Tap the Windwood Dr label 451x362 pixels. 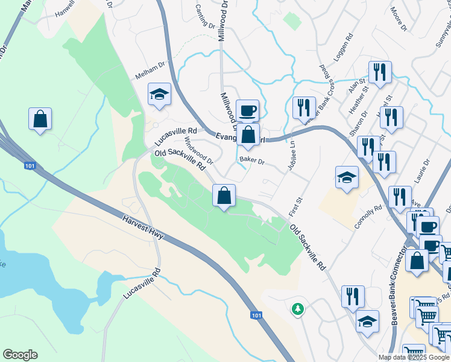[199, 151]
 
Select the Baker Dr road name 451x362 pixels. [252, 161]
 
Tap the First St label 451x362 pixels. [295, 206]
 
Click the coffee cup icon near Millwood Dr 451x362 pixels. [247, 110]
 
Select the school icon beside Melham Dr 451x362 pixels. [160, 94]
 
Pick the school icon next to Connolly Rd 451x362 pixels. [347, 177]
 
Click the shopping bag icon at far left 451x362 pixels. [40, 118]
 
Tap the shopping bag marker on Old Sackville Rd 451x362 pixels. [224, 195]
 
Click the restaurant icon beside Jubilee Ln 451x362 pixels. [304, 107]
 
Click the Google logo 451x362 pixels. [20, 355]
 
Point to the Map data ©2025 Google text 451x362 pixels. [414, 357]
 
